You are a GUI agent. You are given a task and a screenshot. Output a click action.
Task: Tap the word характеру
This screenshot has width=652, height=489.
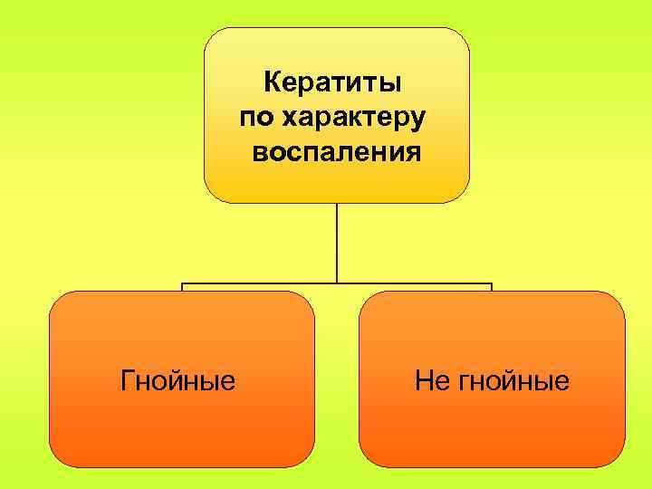(x=356, y=120)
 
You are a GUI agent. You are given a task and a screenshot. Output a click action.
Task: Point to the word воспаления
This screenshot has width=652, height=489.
(x=336, y=151)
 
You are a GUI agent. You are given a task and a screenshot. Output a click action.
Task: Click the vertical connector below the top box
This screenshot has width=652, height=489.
(x=337, y=240)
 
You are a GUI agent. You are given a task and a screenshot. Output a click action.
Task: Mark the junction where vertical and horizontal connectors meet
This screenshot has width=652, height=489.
(x=337, y=283)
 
